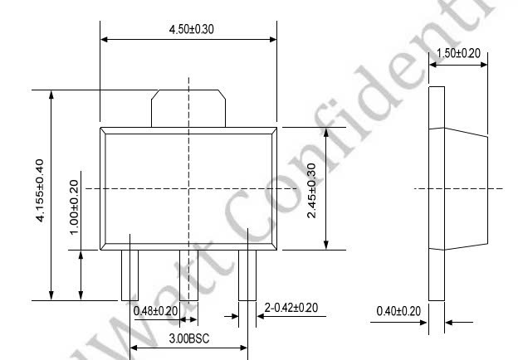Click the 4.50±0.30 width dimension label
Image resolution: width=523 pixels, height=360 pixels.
tap(191, 29)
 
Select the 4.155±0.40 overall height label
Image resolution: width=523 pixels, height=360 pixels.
tap(40, 191)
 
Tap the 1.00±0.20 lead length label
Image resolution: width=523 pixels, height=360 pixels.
tap(74, 207)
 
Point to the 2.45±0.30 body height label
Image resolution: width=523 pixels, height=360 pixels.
tap(311, 191)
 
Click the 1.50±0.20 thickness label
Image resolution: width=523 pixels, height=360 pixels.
tap(458, 53)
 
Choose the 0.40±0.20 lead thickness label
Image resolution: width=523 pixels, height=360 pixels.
tap(398, 311)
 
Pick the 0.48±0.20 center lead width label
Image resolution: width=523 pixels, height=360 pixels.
tap(155, 311)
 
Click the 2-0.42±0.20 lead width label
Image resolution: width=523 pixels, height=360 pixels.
tap(291, 308)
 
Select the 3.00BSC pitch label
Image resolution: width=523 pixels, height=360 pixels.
tap(189, 338)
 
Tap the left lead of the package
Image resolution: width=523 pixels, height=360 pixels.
tap(130, 275)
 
